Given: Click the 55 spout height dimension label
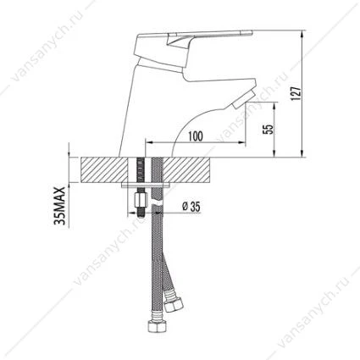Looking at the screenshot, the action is point(269,129).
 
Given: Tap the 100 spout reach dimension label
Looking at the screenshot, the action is point(196,136).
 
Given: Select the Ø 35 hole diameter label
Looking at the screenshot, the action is point(191,207).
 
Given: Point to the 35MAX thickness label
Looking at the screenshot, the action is point(59,206).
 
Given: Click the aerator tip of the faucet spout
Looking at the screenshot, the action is point(245,100).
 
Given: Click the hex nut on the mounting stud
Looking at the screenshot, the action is point(140,200).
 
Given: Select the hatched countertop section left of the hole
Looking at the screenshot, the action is point(104,169).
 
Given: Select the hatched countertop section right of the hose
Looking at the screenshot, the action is point(186,169).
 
